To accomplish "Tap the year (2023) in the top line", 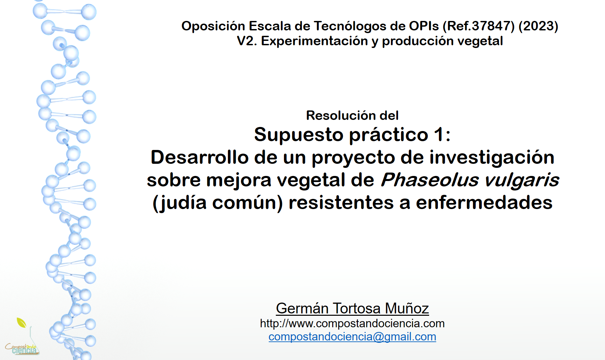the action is tap(538, 26).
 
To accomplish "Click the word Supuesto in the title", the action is tap(298, 135).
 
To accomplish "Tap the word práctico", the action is tap(389, 135).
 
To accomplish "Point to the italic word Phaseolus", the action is tap(430, 180).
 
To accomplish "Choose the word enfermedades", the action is tap(484, 203).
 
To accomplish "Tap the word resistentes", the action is tap(341, 203).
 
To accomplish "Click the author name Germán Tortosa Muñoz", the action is tap(352, 308).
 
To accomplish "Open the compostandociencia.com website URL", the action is tap(352, 324).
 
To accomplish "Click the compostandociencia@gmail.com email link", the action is tap(352, 337).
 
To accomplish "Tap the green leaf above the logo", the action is tap(21, 323).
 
